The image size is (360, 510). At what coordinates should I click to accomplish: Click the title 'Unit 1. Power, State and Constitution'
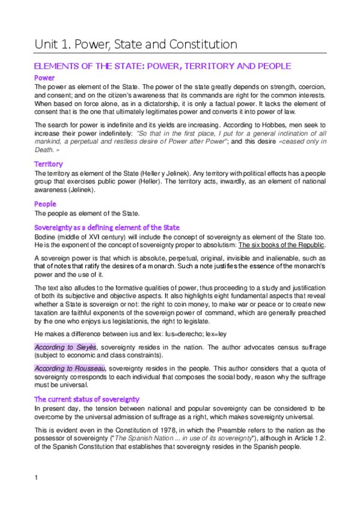point(135,44)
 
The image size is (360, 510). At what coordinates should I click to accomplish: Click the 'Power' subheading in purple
point(44,78)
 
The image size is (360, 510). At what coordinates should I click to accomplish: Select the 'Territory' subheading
point(49,164)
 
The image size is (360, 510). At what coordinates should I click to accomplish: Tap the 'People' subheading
point(46,204)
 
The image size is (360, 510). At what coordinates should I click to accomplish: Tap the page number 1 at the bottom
point(37,478)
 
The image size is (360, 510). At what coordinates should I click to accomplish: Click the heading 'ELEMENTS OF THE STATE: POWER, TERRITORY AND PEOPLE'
point(163,66)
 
